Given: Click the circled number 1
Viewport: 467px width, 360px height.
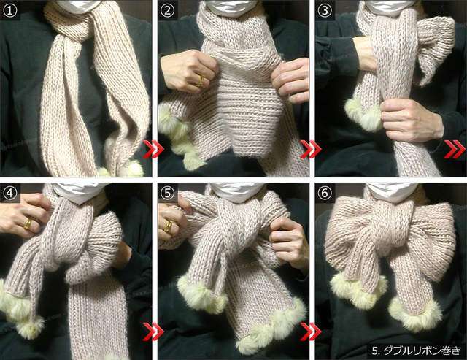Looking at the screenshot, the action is click(9, 10).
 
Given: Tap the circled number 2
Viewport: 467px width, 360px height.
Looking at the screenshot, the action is click(167, 10).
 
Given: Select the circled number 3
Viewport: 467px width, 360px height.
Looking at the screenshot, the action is click(325, 10).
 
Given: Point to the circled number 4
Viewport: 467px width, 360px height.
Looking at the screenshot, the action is click(9, 193).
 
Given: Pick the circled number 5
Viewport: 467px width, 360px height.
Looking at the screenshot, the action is click(167, 193).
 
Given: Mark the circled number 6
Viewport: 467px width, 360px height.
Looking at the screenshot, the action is click(325, 193).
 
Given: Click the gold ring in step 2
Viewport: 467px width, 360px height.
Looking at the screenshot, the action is click(201, 81).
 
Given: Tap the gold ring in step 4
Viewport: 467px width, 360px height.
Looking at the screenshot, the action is click(28, 223).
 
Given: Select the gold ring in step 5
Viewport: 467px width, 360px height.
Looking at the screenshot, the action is click(168, 226).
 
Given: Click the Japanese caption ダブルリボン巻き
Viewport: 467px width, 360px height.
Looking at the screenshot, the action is click(422, 351).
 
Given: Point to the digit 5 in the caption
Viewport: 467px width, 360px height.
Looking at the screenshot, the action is click(374, 351).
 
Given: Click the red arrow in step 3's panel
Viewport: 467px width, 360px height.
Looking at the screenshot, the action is click(454, 149).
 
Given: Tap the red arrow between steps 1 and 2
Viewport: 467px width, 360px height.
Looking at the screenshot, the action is click(154, 149).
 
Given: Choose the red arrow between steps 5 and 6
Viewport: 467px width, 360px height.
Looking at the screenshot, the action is click(311, 331).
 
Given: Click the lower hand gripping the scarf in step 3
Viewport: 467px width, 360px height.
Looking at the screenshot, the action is click(410, 120).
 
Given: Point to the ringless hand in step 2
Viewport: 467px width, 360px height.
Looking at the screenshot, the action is click(290, 80).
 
